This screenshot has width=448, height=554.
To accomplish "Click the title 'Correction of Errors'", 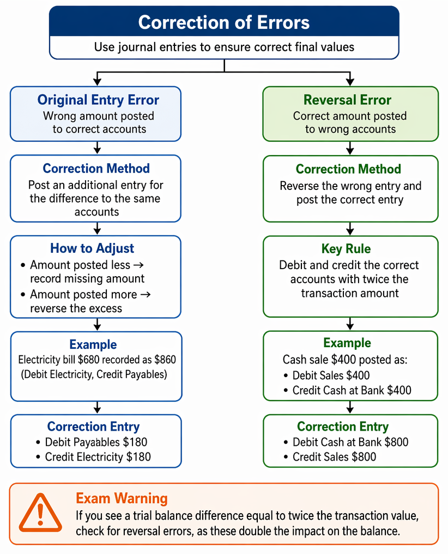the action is click(x=224, y=22).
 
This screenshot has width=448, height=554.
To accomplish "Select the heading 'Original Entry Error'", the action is click(x=98, y=100).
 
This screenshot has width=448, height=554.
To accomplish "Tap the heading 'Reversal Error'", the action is click(x=348, y=100).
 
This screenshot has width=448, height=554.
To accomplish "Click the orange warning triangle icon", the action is click(x=40, y=513).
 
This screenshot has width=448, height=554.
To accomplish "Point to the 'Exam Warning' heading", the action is click(x=122, y=498).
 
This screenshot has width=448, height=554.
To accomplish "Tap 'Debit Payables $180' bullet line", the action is click(x=92, y=442).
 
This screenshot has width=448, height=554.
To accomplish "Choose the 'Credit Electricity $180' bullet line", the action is click(x=93, y=457).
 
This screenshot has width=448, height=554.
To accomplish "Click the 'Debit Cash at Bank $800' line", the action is click(x=346, y=442).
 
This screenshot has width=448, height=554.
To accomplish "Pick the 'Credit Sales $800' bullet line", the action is click(x=330, y=457).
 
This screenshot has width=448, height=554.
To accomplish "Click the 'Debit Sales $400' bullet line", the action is click(x=326, y=375).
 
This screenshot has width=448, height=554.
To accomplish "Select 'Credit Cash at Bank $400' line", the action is click(x=348, y=390).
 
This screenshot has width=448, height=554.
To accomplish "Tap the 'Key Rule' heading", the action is click(x=346, y=249).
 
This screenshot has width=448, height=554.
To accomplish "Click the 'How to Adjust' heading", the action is click(x=92, y=248).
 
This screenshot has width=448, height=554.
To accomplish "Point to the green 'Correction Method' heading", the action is click(x=348, y=169).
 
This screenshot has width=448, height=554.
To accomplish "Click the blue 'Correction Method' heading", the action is click(x=96, y=168).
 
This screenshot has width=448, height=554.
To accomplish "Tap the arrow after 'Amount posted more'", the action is click(x=146, y=294).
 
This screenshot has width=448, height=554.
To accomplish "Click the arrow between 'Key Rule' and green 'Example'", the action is click(x=350, y=324).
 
